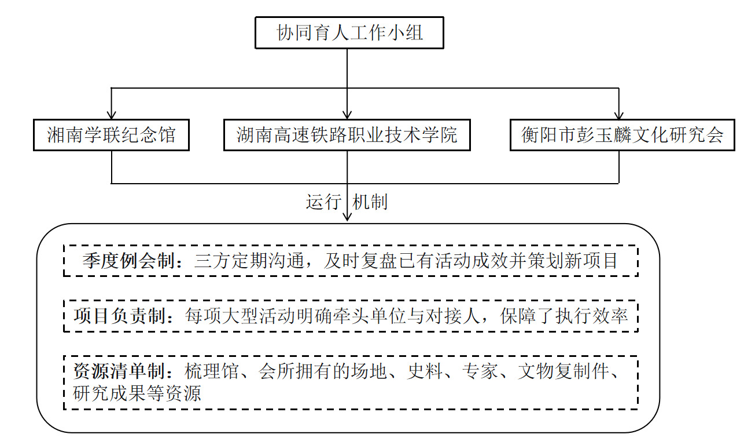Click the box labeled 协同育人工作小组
(349, 32)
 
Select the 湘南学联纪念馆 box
(111, 135)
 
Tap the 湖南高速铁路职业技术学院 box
(347, 135)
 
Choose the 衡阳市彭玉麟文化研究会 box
(622, 135)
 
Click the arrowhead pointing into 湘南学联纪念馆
(111, 114)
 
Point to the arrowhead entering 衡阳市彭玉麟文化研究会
(620, 114)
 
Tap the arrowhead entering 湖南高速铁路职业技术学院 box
(347, 114)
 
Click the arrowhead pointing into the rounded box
(347, 217)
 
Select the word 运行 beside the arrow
(323, 202)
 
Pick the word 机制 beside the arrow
(370, 202)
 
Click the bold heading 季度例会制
(128, 261)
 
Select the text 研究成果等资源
(137, 393)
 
